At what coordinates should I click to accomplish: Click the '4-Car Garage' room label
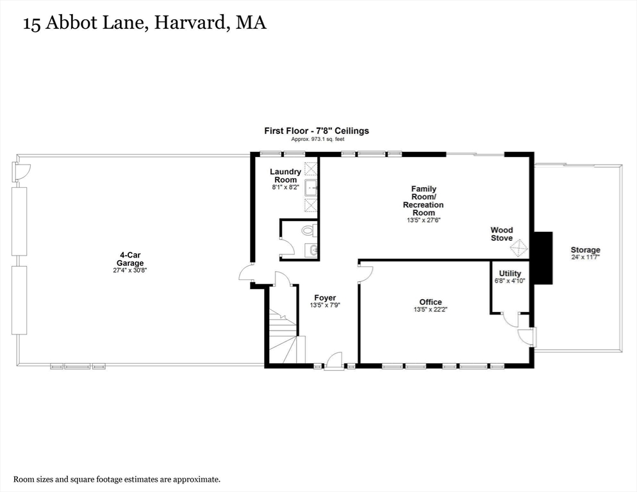click(x=129, y=259)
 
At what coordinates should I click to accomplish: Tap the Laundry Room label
click(x=285, y=176)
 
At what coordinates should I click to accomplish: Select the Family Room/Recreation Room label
click(x=423, y=201)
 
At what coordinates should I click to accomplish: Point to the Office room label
click(x=430, y=302)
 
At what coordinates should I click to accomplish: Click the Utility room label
click(x=509, y=274)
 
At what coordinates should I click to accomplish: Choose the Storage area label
click(x=585, y=250)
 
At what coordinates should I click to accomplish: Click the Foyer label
click(x=325, y=298)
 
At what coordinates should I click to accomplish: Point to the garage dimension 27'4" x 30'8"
click(x=129, y=270)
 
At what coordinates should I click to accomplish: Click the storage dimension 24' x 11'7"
click(x=585, y=258)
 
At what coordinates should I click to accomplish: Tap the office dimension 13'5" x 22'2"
click(x=430, y=310)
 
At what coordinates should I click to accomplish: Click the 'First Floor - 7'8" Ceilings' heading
click(x=317, y=131)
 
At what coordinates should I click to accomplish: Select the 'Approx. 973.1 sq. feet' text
click(x=317, y=139)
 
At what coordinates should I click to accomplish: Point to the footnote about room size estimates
click(x=117, y=479)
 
